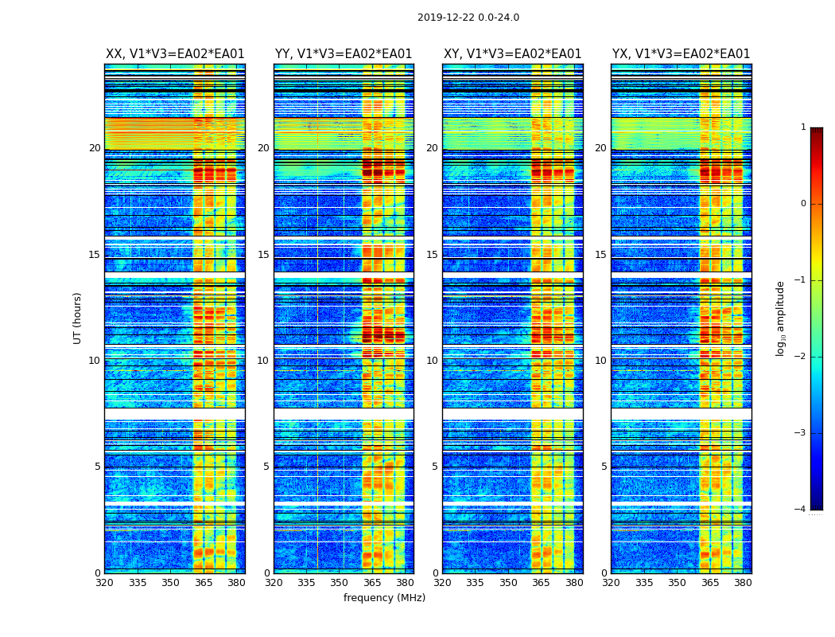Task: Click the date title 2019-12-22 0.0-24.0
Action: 468,18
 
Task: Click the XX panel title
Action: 175,54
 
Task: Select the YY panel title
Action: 344,54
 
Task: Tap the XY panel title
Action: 512,54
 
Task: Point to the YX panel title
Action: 681,54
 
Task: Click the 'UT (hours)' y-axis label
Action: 77,318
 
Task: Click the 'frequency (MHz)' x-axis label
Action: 384,598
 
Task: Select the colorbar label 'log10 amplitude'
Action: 781,318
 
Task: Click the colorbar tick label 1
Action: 803,127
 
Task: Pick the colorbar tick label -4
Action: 801,510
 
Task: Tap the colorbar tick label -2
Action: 801,357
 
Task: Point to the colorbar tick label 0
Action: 803,204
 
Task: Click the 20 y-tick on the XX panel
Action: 95,148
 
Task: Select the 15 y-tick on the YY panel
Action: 263,255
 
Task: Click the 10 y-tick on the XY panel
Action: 432,361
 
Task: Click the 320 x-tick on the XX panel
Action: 104,582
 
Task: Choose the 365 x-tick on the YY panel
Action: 372,582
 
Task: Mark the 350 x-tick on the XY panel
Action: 508,582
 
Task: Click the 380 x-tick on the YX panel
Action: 743,582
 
